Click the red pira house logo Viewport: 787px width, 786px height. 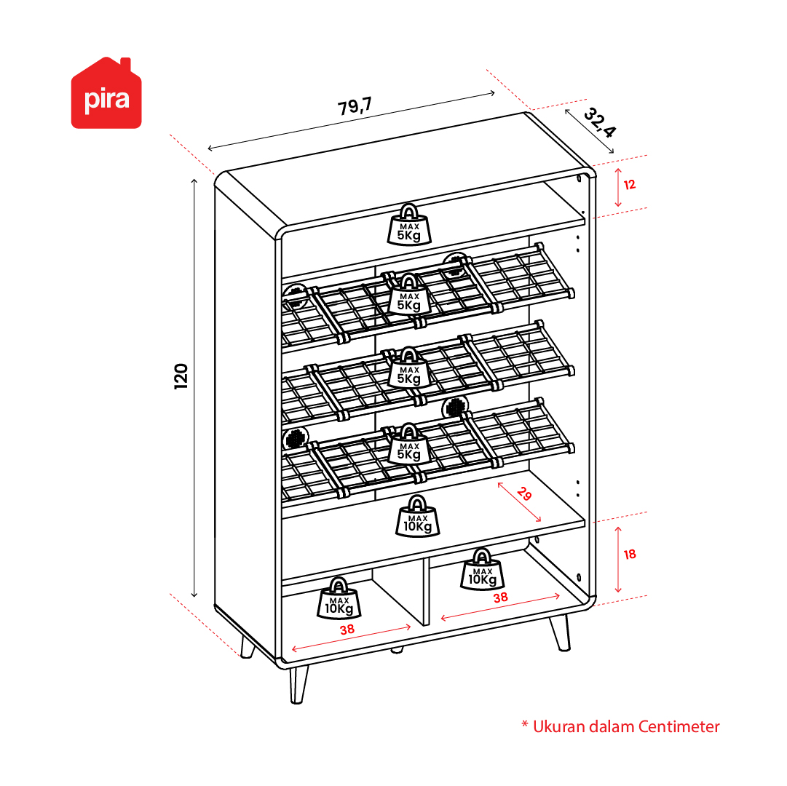pos(106,93)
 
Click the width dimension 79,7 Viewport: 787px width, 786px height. pos(355,106)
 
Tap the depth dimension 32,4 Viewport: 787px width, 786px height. pos(599,122)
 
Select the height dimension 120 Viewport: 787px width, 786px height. pos(181,376)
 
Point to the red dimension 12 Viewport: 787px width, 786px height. pos(630,185)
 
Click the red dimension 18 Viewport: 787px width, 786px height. pos(630,555)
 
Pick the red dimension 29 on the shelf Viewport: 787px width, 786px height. pos(524,494)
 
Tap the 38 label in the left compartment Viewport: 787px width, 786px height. pos(347,630)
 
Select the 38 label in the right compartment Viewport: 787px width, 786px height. pos(500,598)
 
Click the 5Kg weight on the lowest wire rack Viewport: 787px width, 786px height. pos(409,445)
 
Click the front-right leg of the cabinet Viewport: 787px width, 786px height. pos(561,633)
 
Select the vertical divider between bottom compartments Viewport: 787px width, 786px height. pos(426,592)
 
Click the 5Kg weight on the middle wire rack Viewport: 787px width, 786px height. pos(409,369)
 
